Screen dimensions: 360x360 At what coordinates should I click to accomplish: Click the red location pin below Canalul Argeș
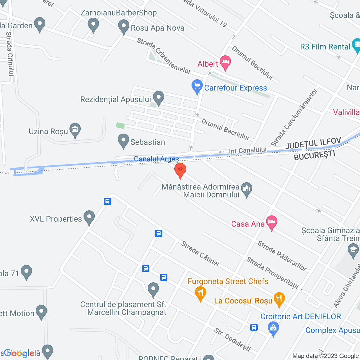pyautogui.click(x=180, y=170)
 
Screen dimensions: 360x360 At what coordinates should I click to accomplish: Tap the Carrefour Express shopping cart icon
pyautogui.click(x=197, y=86)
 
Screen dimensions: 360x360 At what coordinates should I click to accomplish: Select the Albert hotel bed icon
pyautogui.click(x=225, y=62)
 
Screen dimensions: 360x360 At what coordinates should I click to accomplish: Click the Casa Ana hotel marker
pyautogui.click(x=271, y=222)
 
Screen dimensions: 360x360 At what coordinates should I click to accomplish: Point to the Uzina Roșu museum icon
pyautogui.click(x=75, y=130)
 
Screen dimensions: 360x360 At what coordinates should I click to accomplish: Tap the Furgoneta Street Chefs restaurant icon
pyautogui.click(x=200, y=293)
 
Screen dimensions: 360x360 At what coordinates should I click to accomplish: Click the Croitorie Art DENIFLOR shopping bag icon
pyautogui.click(x=273, y=328)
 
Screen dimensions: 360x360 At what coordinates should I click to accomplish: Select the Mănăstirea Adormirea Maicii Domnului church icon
pyautogui.click(x=247, y=189)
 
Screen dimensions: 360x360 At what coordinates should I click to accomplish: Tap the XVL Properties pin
pyautogui.click(x=89, y=217)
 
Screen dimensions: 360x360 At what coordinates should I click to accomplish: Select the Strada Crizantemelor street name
pyautogui.click(x=164, y=56)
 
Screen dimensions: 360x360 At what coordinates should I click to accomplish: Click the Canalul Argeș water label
pyautogui.click(x=156, y=159)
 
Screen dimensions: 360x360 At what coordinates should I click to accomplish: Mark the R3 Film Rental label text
pyautogui.click(x=325, y=47)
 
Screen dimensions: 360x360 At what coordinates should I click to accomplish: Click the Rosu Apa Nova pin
pyautogui.click(x=123, y=26)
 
